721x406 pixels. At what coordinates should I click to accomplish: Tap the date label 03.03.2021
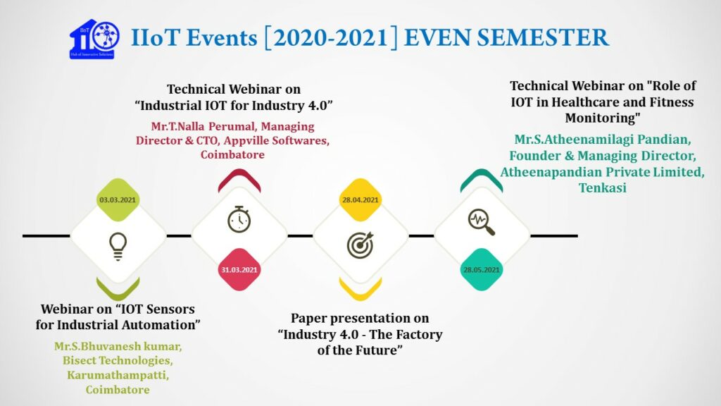coord(118,200)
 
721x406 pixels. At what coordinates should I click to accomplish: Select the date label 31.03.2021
coord(239,270)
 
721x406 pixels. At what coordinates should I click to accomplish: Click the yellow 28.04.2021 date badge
coord(360,200)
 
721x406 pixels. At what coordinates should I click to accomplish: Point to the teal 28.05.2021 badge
coord(482,270)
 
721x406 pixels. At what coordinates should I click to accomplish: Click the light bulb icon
coord(118,244)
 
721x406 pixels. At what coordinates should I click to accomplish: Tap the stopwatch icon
coord(239,220)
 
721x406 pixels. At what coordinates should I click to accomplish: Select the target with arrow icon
coord(360,244)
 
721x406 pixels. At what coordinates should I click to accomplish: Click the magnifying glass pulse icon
coord(482,222)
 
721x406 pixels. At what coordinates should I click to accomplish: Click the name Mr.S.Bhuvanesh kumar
coord(118,347)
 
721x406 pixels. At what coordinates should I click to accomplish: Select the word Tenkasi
coord(602,187)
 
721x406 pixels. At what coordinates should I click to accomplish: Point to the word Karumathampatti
coord(118,375)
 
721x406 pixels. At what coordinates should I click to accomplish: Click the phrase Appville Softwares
coord(277,140)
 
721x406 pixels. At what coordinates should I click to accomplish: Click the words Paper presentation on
coord(360,319)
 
